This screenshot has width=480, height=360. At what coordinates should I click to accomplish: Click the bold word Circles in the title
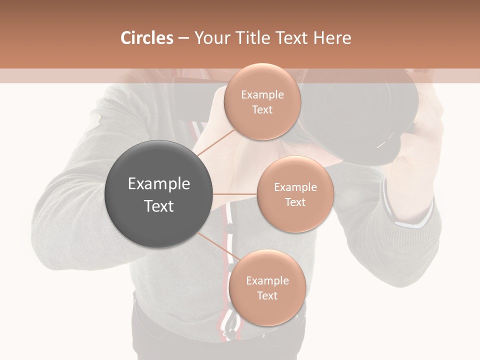click(x=146, y=38)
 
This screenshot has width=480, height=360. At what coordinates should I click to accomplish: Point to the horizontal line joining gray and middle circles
click(x=234, y=193)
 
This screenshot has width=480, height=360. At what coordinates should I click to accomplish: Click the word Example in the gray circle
click(x=158, y=184)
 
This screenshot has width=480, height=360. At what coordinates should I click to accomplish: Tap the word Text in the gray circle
click(x=158, y=206)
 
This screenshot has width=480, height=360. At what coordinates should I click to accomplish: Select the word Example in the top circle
click(x=262, y=94)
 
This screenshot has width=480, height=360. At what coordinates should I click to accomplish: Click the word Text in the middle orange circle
click(x=295, y=202)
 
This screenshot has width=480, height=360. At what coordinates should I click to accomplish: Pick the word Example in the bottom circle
click(x=267, y=280)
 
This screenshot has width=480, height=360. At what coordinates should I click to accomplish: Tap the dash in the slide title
click(x=183, y=38)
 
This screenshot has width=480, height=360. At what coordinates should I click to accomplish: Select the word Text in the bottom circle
click(x=267, y=295)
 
